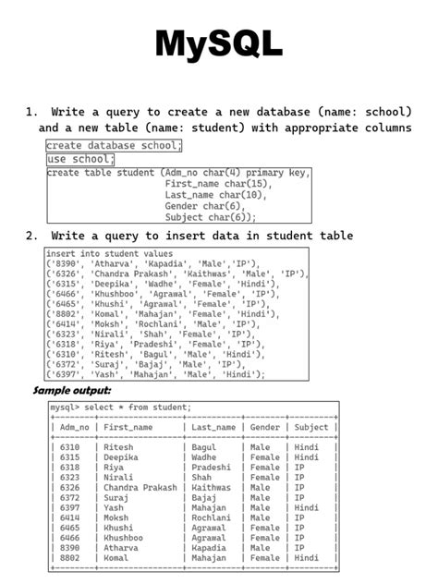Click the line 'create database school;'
tap(115, 146)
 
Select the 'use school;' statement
tap(80, 159)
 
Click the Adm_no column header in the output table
tap(74, 428)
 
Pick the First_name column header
tap(128, 428)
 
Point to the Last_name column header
tap(213, 428)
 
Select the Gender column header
tap(264, 428)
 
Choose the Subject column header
tap(310, 428)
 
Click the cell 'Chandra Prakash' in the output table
tap(140, 488)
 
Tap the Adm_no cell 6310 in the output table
tap(69, 447)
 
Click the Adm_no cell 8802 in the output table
tap(69, 558)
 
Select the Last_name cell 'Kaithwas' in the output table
tap(212, 488)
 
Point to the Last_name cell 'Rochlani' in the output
tap(212, 518)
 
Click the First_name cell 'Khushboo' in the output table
tap(124, 538)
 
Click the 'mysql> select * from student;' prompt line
tap(121, 408)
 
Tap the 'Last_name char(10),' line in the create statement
tap(215, 195)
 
